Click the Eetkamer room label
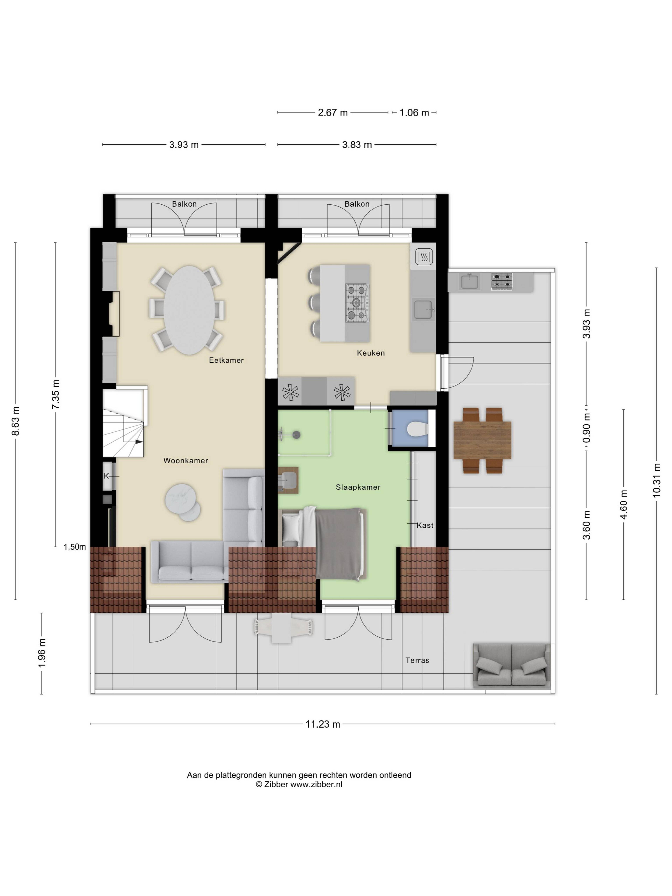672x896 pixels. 226,360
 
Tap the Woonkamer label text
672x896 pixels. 185,461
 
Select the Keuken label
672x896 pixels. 371,353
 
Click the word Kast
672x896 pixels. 425,525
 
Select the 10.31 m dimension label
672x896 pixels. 656,480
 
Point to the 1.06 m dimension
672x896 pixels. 414,113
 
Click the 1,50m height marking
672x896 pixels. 75,547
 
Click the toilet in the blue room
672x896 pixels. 417,429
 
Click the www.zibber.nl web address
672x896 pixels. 316,784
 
